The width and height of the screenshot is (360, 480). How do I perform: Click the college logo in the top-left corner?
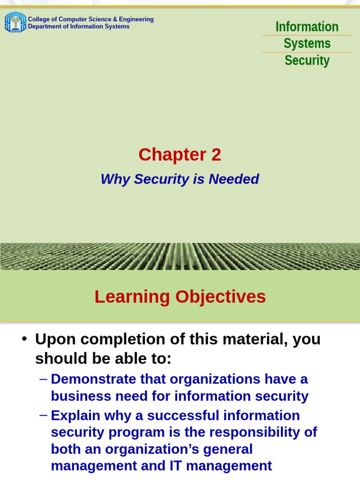pyautogui.click(x=15, y=22)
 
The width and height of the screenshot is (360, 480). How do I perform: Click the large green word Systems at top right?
pyautogui.click(x=307, y=44)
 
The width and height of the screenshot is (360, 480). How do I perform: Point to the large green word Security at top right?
pyautogui.click(x=307, y=60)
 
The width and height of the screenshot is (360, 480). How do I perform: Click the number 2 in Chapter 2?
pyautogui.click(x=216, y=155)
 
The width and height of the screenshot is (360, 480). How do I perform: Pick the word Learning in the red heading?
pyautogui.click(x=132, y=297)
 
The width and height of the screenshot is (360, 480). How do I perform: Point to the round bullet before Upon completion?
pyautogui.click(x=24, y=339)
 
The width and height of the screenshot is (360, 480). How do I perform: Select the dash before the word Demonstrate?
pyautogui.click(x=44, y=379)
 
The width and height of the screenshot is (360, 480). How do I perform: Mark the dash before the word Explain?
pyautogui.click(x=44, y=415)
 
